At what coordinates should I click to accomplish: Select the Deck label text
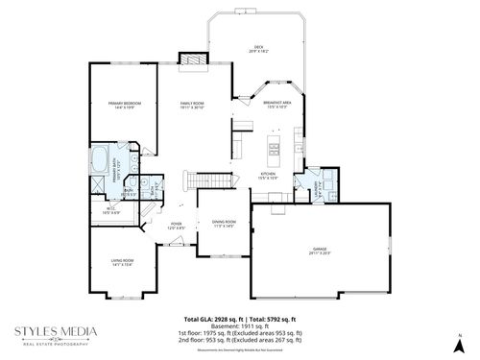click(258, 48)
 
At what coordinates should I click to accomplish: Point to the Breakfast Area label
click(277, 104)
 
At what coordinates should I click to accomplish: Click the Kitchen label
click(270, 176)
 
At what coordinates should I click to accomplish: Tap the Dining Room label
click(224, 224)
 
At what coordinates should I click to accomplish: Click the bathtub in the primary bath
click(100, 157)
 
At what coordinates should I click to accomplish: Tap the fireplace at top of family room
click(193, 60)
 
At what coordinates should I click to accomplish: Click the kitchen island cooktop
click(274, 147)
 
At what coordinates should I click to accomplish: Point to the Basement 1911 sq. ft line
click(240, 324)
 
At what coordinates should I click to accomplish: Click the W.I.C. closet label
click(111, 210)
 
